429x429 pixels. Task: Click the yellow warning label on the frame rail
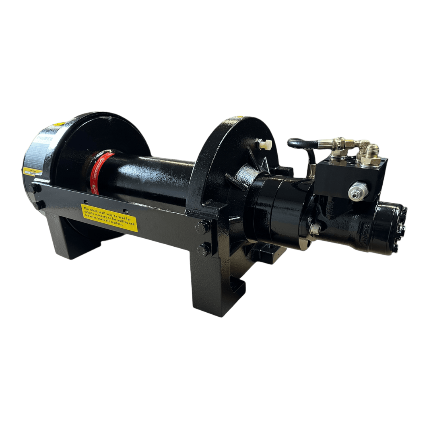[x=109, y=218]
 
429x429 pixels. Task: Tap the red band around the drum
[x=99, y=171]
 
